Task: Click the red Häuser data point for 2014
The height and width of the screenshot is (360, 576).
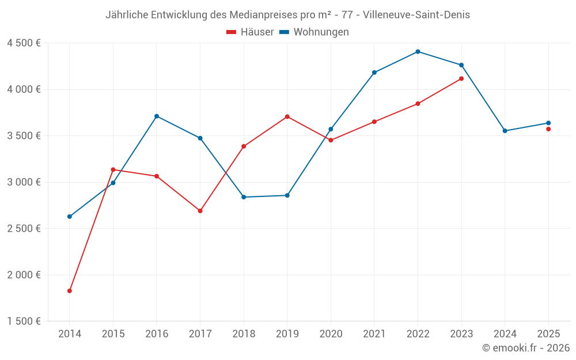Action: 70,291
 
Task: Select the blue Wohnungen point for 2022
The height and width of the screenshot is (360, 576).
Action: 418,52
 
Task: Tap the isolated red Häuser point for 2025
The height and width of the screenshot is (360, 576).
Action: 548,129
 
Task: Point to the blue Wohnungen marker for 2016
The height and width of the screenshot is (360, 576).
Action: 157,116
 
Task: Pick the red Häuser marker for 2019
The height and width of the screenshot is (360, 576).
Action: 287,117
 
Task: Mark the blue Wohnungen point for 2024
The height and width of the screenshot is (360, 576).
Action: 505,131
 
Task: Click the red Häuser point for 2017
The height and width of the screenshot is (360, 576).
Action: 200,211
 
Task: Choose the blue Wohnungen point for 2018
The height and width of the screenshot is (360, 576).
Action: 244,197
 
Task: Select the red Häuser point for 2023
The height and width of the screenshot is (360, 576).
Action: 461,79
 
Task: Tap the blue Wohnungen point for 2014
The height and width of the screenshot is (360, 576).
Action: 70,217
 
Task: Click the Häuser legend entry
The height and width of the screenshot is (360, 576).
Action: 250,32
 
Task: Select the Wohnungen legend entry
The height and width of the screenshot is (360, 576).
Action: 314,32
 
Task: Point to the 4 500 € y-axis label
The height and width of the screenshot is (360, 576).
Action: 24,43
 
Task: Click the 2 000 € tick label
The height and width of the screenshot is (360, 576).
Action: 24,275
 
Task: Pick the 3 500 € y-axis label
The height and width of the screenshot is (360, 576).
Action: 24,136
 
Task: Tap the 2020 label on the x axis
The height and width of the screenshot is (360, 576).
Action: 331,334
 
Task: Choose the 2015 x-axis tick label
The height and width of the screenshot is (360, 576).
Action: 113,334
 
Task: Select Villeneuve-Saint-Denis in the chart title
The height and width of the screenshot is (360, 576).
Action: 417,15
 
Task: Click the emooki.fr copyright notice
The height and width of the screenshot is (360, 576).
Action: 526,348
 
